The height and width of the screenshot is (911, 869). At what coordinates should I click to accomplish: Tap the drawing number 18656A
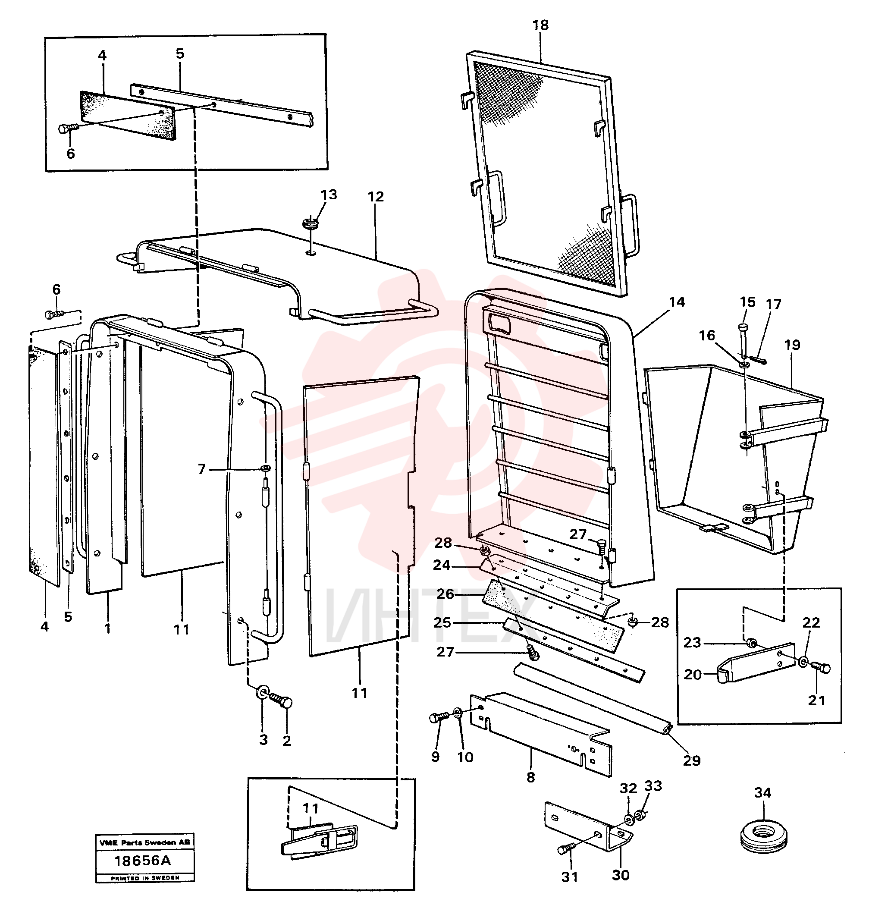point(143,861)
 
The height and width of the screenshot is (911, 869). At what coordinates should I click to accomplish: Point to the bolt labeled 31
point(567,848)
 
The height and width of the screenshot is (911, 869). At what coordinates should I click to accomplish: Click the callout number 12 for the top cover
point(376,197)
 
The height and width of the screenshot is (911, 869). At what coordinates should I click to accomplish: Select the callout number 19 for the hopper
point(792,345)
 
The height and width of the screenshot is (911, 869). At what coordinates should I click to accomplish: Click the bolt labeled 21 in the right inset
point(820,668)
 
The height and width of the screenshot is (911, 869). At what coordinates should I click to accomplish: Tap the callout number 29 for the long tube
point(692,760)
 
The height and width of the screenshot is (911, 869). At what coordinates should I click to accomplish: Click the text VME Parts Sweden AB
point(144,842)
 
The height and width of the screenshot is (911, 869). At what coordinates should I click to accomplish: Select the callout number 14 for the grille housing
point(677,302)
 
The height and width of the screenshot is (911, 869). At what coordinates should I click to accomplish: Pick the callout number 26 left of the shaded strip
point(445,594)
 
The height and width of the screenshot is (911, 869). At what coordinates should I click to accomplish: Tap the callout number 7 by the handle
point(201,469)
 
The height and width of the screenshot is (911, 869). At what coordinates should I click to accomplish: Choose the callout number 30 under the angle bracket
point(621,875)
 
